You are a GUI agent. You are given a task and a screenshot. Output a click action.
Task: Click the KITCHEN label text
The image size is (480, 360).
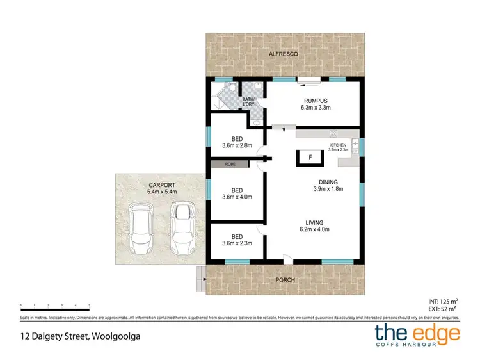(338, 145)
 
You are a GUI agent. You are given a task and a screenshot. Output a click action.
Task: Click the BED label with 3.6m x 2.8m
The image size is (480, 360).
(237, 142)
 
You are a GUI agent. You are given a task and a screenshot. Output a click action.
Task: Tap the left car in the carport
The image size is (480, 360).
(141, 228)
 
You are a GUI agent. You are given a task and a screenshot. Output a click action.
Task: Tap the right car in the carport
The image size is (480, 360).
(182, 227)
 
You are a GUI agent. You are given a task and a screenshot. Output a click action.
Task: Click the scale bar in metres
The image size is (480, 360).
(55, 307)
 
